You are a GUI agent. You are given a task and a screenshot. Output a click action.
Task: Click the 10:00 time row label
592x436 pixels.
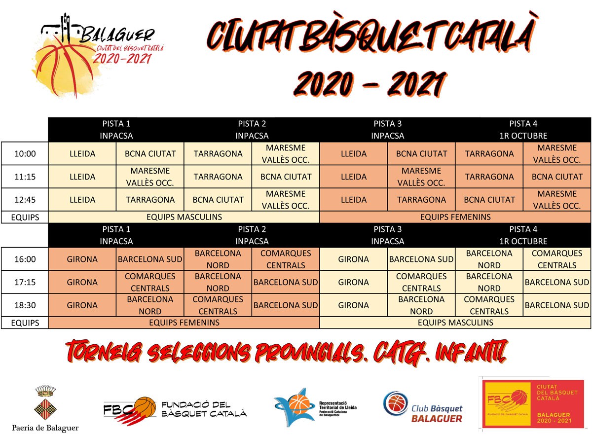click(25, 153)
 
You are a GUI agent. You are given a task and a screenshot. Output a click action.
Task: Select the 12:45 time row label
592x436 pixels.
click(25, 199)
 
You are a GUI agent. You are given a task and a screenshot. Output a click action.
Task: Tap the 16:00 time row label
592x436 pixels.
click(25, 259)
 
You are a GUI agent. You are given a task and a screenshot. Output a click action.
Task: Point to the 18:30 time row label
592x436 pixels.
click(25, 305)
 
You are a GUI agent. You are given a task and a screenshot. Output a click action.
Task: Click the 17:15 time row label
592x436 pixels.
click(25, 282)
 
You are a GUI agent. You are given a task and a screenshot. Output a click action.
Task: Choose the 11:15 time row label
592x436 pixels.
click(25, 177)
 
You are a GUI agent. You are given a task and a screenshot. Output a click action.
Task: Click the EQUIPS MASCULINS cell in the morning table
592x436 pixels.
click(184, 217)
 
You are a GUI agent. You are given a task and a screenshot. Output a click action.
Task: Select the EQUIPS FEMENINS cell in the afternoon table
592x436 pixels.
click(184, 323)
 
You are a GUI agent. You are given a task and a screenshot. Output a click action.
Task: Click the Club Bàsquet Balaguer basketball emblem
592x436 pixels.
click(396, 403)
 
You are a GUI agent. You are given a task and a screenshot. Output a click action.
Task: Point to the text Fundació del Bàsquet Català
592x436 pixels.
click(204, 409)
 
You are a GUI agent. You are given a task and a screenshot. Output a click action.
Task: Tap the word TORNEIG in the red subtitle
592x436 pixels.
click(104, 352)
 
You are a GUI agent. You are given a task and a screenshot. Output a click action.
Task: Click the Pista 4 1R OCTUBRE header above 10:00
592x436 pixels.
click(523, 130)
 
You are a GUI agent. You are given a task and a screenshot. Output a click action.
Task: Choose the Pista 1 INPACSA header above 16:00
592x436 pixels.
click(116, 235)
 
